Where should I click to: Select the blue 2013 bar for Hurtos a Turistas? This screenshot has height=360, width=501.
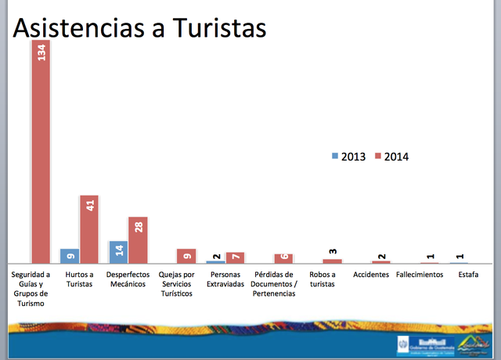click(x=70, y=256)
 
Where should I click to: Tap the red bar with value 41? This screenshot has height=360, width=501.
click(x=89, y=229)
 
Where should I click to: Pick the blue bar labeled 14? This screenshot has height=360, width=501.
click(x=118, y=252)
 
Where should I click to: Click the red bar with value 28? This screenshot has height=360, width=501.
click(x=138, y=239)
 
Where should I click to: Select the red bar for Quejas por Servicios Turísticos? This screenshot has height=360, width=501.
click(x=186, y=256)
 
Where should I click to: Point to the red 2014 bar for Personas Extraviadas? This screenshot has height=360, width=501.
click(x=235, y=257)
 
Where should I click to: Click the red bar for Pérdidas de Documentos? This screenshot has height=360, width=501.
click(x=283, y=258)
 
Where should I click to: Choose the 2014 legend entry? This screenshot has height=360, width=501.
click(x=391, y=156)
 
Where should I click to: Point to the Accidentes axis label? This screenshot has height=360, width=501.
click(x=371, y=275)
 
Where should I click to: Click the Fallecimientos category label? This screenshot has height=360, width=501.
click(x=420, y=275)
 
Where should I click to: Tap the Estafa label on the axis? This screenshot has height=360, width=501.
click(x=468, y=275)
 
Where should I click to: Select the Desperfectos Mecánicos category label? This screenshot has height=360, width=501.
click(x=128, y=279)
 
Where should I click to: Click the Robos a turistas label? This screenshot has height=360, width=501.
click(x=323, y=279)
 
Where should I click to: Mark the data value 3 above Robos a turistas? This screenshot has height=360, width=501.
click(x=332, y=250)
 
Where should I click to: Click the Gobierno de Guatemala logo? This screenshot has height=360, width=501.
click(x=427, y=345)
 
